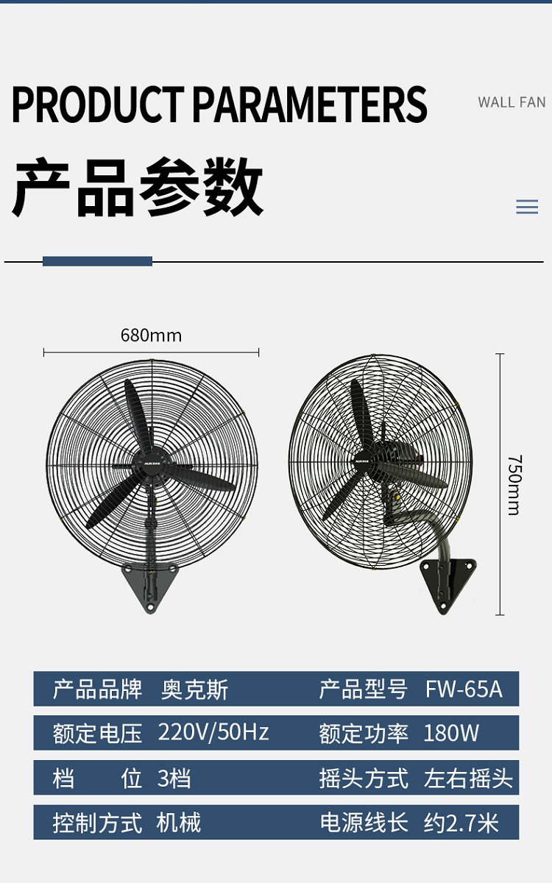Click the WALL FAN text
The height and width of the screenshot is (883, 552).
tap(512, 102)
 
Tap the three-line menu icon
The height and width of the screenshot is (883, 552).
tap(527, 208)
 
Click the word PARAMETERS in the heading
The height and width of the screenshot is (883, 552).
tap(309, 104)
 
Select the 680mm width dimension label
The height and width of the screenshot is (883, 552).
tap(151, 336)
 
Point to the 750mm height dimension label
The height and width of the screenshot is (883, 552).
tap(514, 485)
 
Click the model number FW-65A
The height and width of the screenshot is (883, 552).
tap(464, 689)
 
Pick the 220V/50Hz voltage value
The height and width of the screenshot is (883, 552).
tap(213, 733)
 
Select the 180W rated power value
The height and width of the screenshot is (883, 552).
tap(451, 733)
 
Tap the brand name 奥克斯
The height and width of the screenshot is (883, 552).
tap(195, 689)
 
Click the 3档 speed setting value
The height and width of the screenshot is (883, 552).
tap(174, 778)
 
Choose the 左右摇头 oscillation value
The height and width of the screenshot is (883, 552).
tap(468, 778)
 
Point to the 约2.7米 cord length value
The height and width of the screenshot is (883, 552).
tap(461, 823)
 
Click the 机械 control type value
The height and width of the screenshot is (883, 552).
tap(179, 823)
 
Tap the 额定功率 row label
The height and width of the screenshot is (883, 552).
tap(364, 733)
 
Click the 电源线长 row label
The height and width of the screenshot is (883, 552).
tap(364, 823)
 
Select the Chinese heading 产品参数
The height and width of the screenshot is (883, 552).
tap(138, 188)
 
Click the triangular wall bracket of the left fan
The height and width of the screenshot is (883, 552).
tap(150, 585)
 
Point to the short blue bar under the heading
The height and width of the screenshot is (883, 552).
tap(97, 261)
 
